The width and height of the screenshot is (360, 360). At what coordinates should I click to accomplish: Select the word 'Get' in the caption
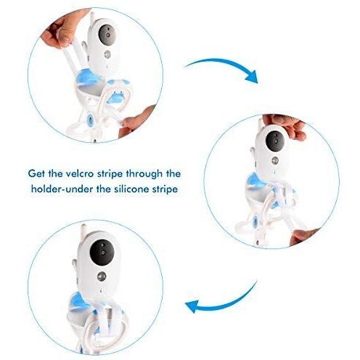36,173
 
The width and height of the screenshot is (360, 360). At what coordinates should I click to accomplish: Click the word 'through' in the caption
144,174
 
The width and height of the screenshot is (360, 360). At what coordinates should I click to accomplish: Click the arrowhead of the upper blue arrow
252,78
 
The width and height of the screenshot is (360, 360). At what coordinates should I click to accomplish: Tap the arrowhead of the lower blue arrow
192,306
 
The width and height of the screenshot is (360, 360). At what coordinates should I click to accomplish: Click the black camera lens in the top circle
107,34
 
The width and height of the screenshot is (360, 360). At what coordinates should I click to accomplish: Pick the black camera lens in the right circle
274,141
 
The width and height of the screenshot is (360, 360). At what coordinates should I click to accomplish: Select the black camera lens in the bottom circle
102,253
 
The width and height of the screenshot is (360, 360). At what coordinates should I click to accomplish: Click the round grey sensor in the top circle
107,54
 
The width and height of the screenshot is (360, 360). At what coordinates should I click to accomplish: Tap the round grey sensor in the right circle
275,160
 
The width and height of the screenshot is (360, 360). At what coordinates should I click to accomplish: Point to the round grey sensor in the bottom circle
102,277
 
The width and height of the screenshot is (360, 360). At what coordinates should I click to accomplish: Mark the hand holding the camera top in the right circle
285,127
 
